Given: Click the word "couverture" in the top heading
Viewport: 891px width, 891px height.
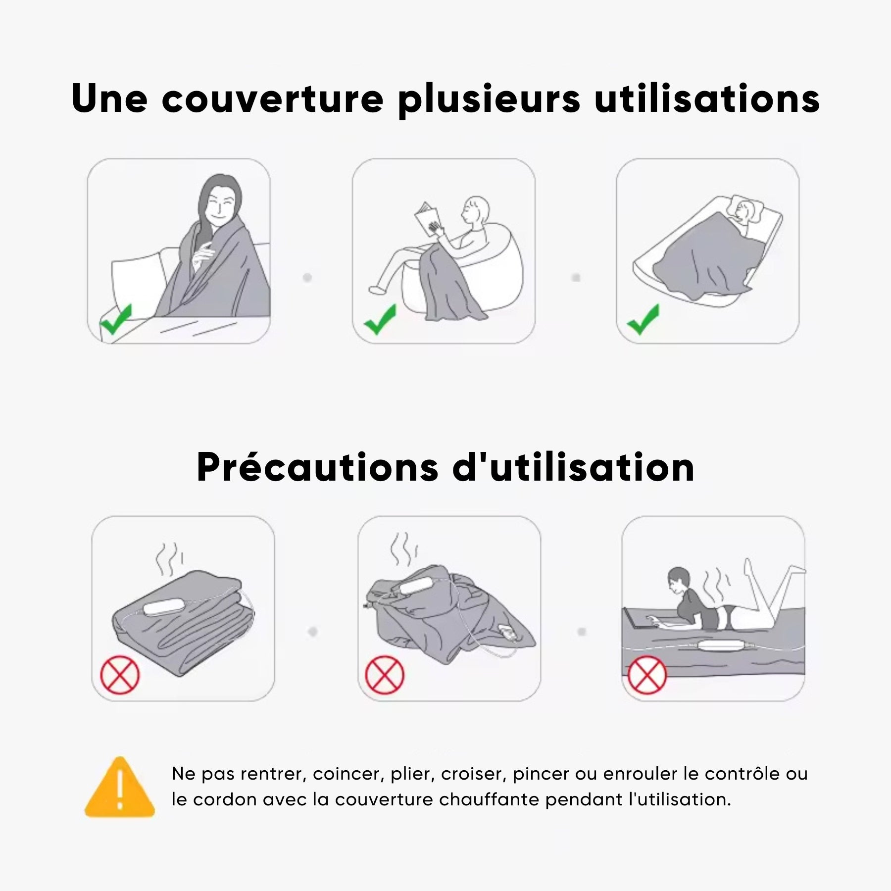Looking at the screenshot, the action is tap(273, 99).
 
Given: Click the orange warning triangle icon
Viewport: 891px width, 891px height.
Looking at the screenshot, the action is tap(120, 787).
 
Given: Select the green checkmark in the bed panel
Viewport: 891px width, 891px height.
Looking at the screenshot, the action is tap(643, 319).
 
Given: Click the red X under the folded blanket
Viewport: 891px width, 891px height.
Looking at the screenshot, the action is tap(120, 675).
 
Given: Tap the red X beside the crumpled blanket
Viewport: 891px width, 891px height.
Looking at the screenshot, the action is tap(385, 675).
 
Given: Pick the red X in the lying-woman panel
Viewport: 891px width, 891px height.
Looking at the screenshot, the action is tap(647, 675).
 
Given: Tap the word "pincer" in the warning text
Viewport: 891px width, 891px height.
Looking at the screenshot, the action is tap(541, 774).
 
